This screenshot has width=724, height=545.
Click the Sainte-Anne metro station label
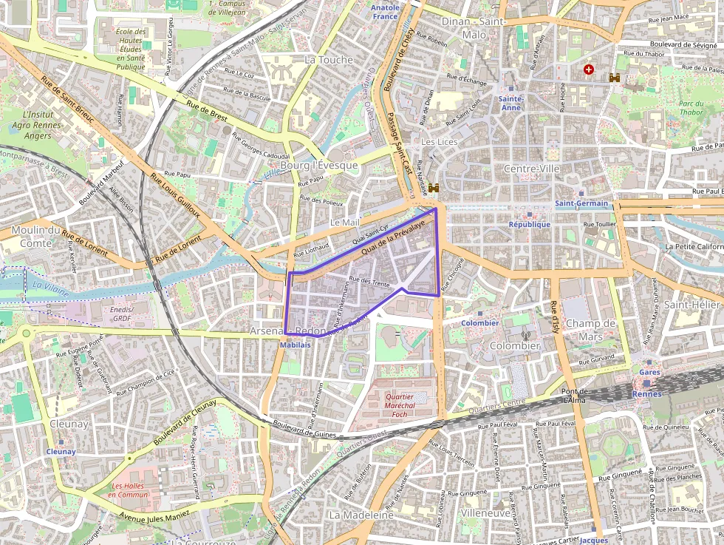pos(510,103)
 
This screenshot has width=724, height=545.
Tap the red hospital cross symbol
pos(588,70)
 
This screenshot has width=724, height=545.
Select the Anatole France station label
pos(385,12)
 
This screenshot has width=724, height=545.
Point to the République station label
pos(529,224)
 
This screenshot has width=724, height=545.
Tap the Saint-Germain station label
pos(581,203)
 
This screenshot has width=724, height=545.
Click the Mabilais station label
pos(296,345)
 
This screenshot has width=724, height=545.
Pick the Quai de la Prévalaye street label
pos(393,240)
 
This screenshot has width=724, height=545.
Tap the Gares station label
pos(650,372)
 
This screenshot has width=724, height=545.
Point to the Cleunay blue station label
pos(61,451)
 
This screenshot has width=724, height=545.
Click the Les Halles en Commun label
pos(128,490)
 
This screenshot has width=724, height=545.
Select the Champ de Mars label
pos(590,329)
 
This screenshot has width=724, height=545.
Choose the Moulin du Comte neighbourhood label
pos(36,236)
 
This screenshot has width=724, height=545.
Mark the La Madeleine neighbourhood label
pos(361,514)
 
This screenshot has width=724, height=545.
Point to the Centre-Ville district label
pos(531,169)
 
